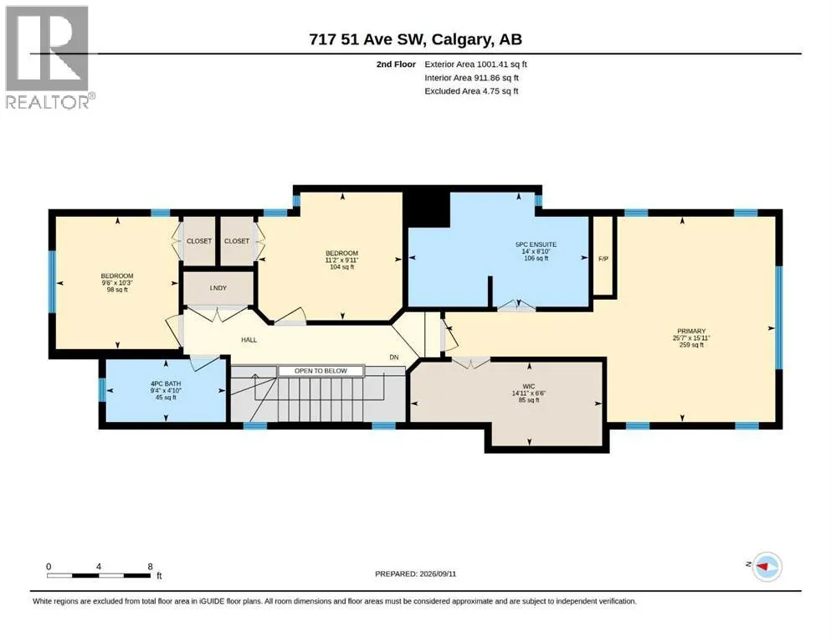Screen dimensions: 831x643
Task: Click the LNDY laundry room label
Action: coord(218,288)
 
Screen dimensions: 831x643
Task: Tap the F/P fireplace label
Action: coord(603,259)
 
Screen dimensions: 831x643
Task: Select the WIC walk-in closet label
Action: coord(528,387)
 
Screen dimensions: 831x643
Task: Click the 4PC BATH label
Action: coord(166,383)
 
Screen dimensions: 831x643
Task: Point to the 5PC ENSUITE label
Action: coord(536,244)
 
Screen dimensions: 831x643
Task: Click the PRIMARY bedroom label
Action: coord(691,331)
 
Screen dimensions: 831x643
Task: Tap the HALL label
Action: coord(249,340)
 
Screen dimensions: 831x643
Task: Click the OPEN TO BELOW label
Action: coord(321,371)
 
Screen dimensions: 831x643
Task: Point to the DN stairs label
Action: coord(394,358)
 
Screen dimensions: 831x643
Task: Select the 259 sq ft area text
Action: coord(691,345)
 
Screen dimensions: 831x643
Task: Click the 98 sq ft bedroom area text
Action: coord(117,290)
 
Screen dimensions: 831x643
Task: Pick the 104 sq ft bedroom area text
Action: coord(341,267)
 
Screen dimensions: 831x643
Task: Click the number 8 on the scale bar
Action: coord(150,566)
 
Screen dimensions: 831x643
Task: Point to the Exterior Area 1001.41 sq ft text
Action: coord(475,64)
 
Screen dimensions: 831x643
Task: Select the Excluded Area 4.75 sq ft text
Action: coord(471,91)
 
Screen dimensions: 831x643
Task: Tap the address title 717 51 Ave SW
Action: coord(368,39)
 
